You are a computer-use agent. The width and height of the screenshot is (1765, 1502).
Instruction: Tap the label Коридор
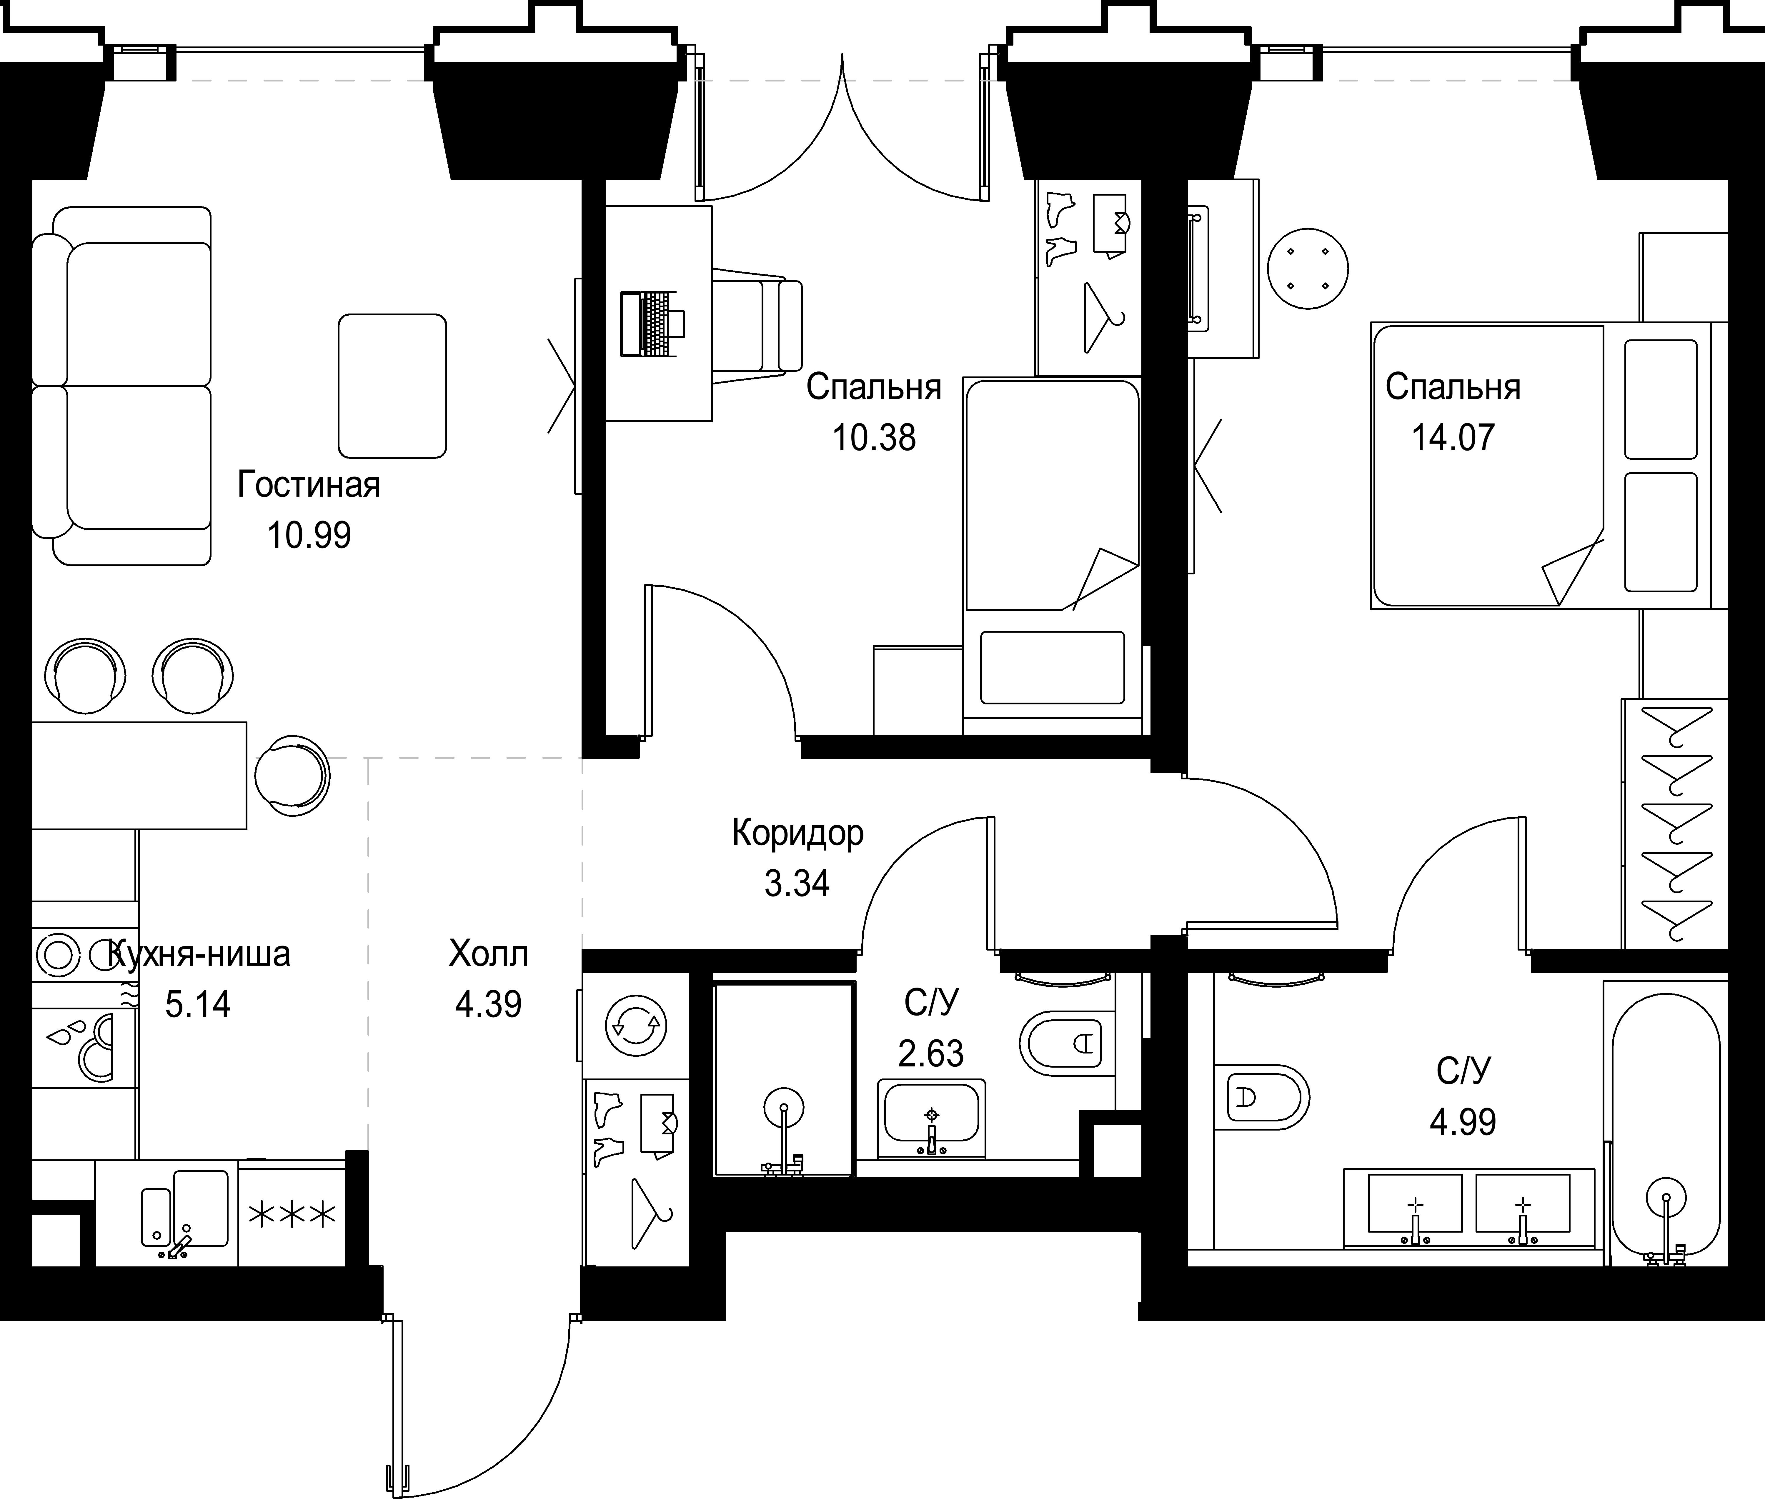coord(798,833)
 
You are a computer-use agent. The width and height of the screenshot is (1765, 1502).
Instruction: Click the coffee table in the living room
coord(392,386)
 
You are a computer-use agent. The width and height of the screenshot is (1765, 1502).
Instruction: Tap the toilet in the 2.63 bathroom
coord(1067,1043)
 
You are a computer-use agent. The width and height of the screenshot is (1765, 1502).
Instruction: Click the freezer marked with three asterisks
coord(292,1215)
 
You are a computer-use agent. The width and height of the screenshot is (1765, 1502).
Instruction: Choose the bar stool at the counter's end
coord(291,775)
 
